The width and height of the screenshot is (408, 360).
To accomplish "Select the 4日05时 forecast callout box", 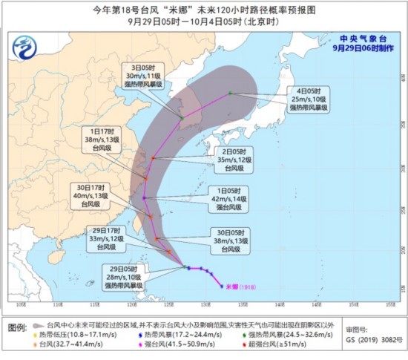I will pyautogui.click(x=315, y=99).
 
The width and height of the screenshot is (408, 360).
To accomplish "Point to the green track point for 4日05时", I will pyautogui.click(x=230, y=93).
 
